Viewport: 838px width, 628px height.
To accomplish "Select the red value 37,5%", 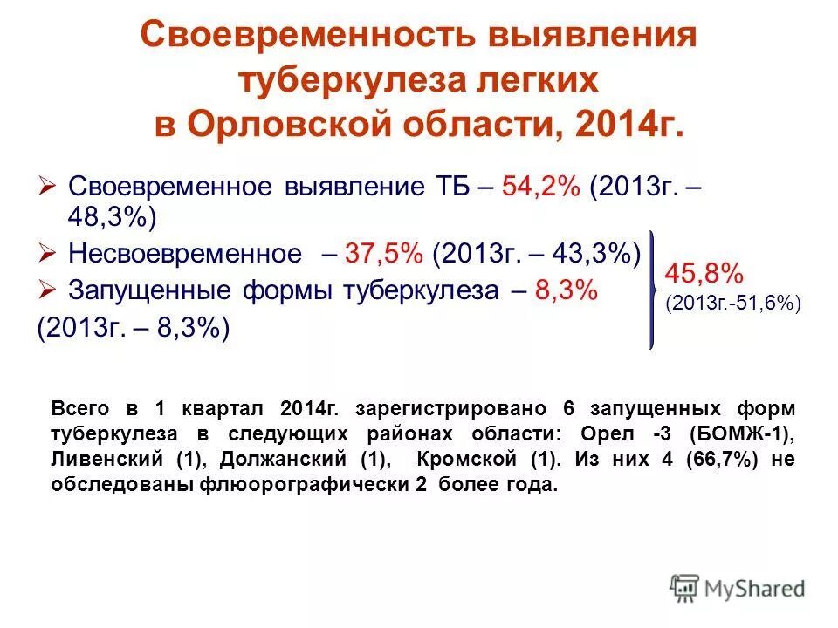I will (x=384, y=254).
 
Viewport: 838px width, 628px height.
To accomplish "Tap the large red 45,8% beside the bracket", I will (x=704, y=274).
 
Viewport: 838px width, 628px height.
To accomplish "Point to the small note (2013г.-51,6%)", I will (x=733, y=304).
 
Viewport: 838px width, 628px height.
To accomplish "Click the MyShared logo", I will (x=738, y=588).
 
